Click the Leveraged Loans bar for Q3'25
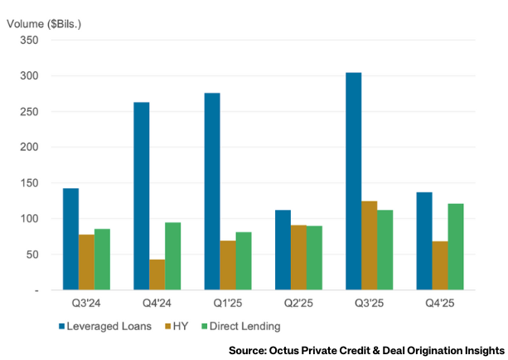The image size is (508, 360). (353, 182)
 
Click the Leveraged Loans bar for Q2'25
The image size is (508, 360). (283, 250)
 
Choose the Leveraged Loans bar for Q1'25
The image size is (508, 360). (211, 192)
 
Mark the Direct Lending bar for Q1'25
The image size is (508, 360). (244, 261)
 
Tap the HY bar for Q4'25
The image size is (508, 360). (440, 265)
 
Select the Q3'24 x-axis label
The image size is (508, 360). (86, 304)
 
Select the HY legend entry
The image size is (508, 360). (179, 326)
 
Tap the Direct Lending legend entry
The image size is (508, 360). (239, 326)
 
